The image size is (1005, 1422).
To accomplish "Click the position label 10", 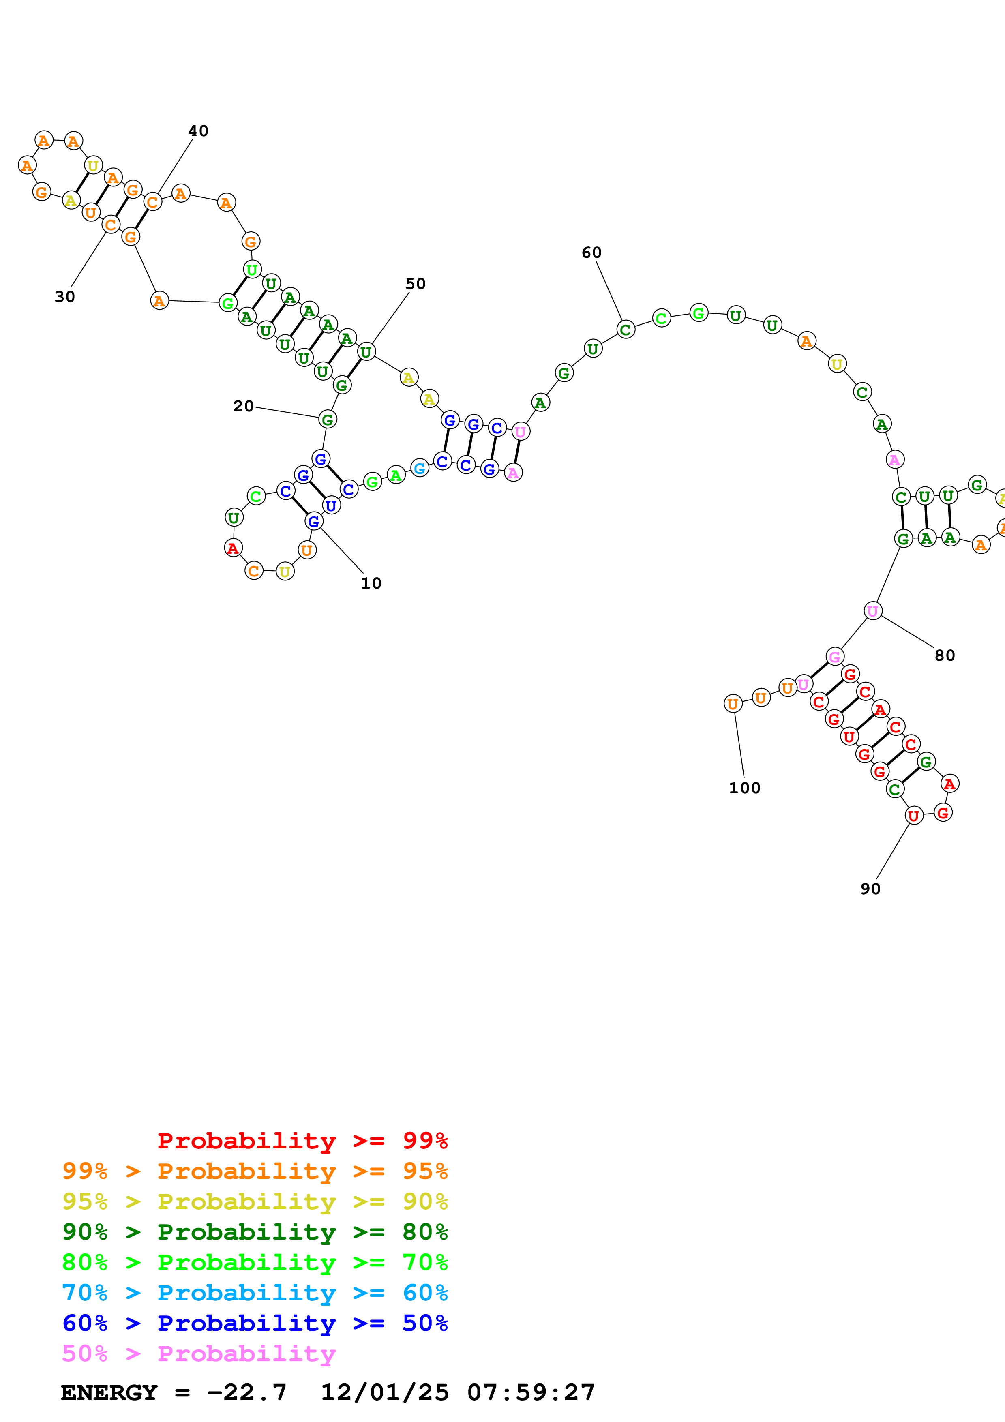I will pos(371,583).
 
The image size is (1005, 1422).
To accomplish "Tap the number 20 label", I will pos(243,406).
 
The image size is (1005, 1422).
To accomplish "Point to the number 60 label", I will pos(591,253).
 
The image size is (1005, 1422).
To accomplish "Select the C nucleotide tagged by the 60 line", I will pos(626,330).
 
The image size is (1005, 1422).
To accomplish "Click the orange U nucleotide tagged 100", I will pos(733,704).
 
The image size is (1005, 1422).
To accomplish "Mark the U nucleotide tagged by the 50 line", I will pos(366,352).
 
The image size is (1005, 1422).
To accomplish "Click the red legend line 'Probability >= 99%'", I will pos(302,1140).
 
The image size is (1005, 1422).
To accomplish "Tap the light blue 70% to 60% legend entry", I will pos(255,1293).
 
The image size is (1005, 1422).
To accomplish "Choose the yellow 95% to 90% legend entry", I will pos(255,1201).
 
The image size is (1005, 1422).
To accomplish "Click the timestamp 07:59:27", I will pos(531,1393).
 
